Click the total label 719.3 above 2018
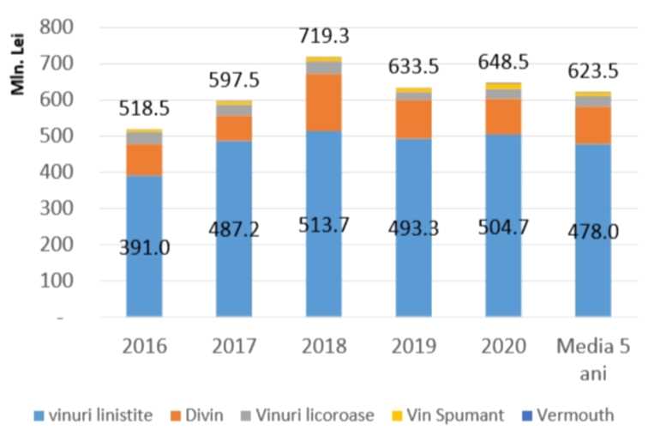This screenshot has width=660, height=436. point(325,37)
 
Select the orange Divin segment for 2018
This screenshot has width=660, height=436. point(325,102)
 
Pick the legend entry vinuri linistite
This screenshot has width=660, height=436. point(93,415)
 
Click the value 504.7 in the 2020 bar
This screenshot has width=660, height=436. point(505,230)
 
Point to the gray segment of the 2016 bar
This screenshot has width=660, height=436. point(144,137)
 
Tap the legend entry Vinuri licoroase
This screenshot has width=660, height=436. point(316,415)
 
